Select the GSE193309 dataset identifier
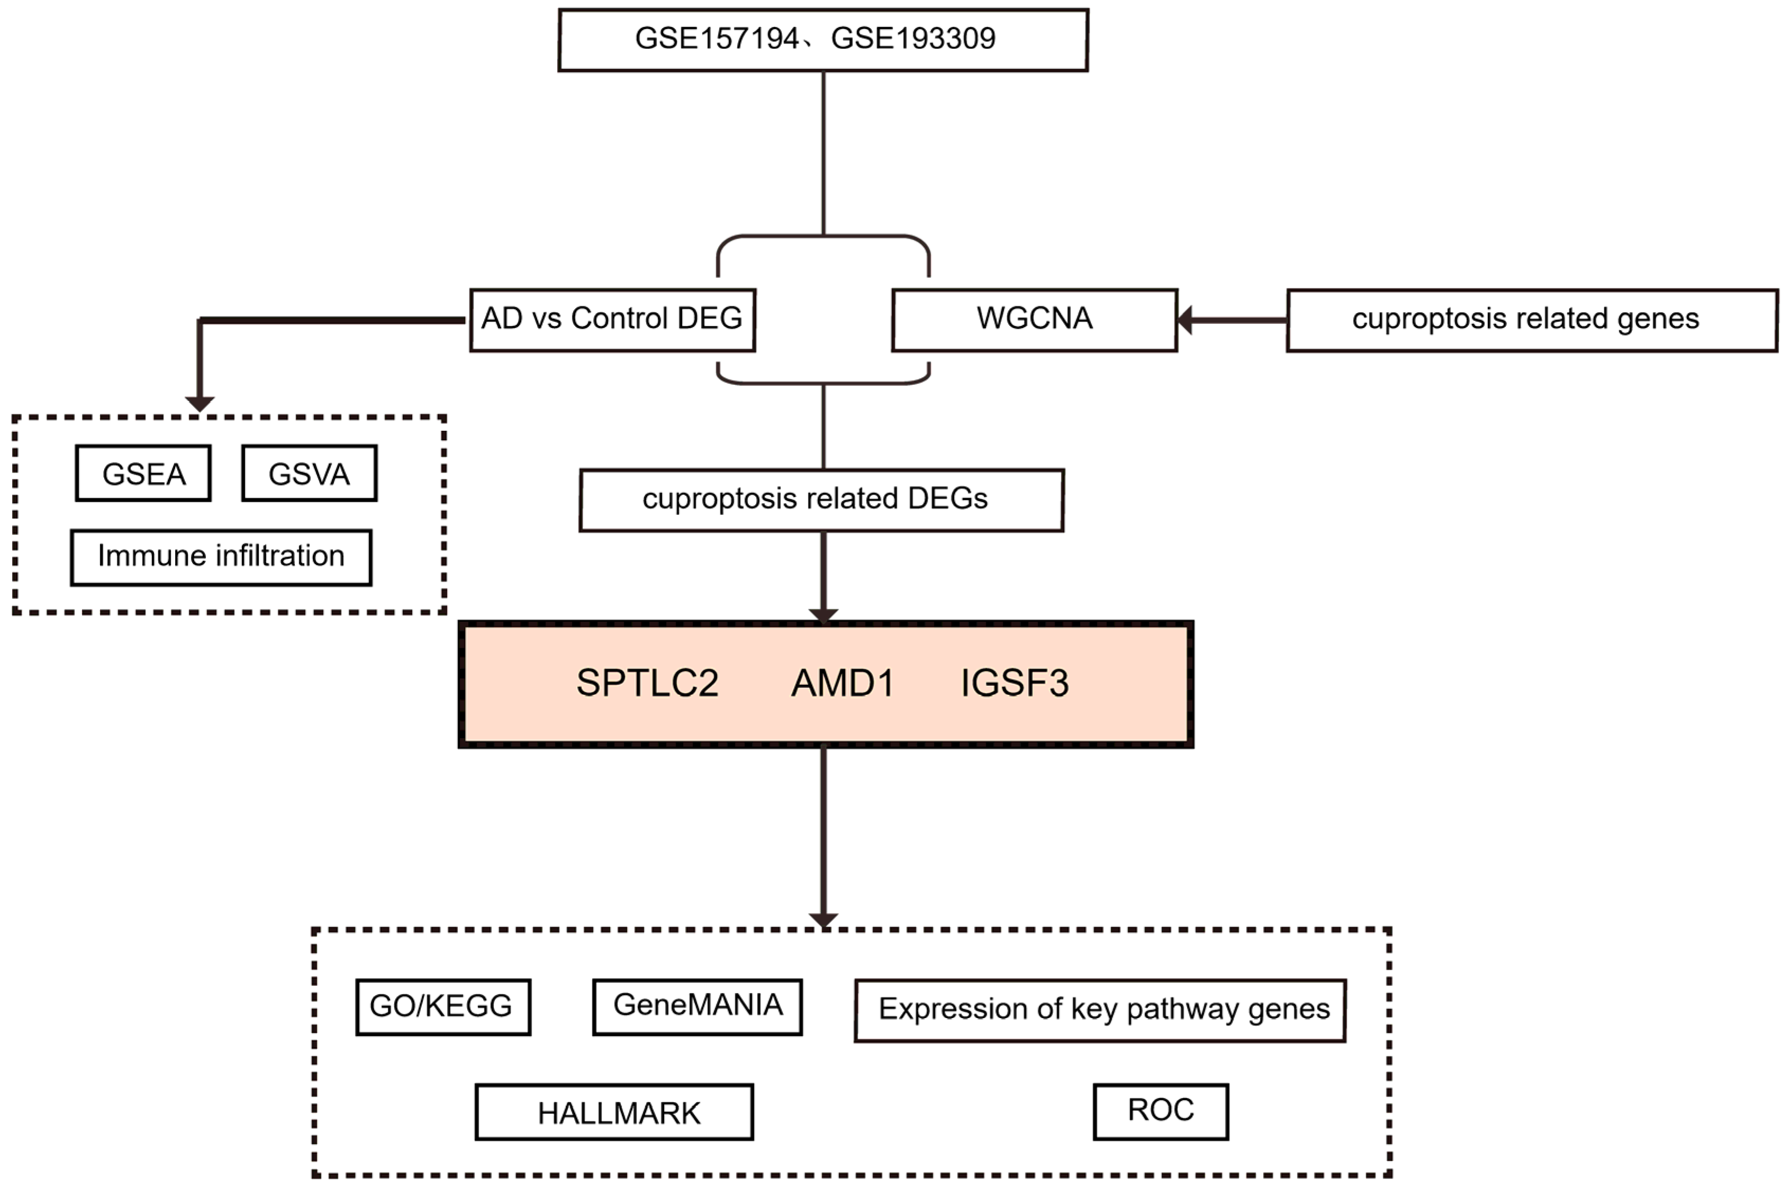click(x=913, y=39)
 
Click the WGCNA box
click(x=1034, y=319)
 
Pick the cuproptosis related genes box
click(x=1531, y=319)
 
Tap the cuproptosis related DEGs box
click(x=821, y=500)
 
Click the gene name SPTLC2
click(x=647, y=683)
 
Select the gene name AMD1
click(x=842, y=683)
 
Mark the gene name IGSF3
click(x=1014, y=683)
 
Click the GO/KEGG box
click(x=443, y=1007)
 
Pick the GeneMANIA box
click(x=697, y=1007)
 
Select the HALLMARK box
click(x=614, y=1112)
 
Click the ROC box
click(x=1160, y=1111)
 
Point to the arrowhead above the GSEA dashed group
click(x=199, y=403)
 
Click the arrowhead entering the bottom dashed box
click(x=823, y=920)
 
